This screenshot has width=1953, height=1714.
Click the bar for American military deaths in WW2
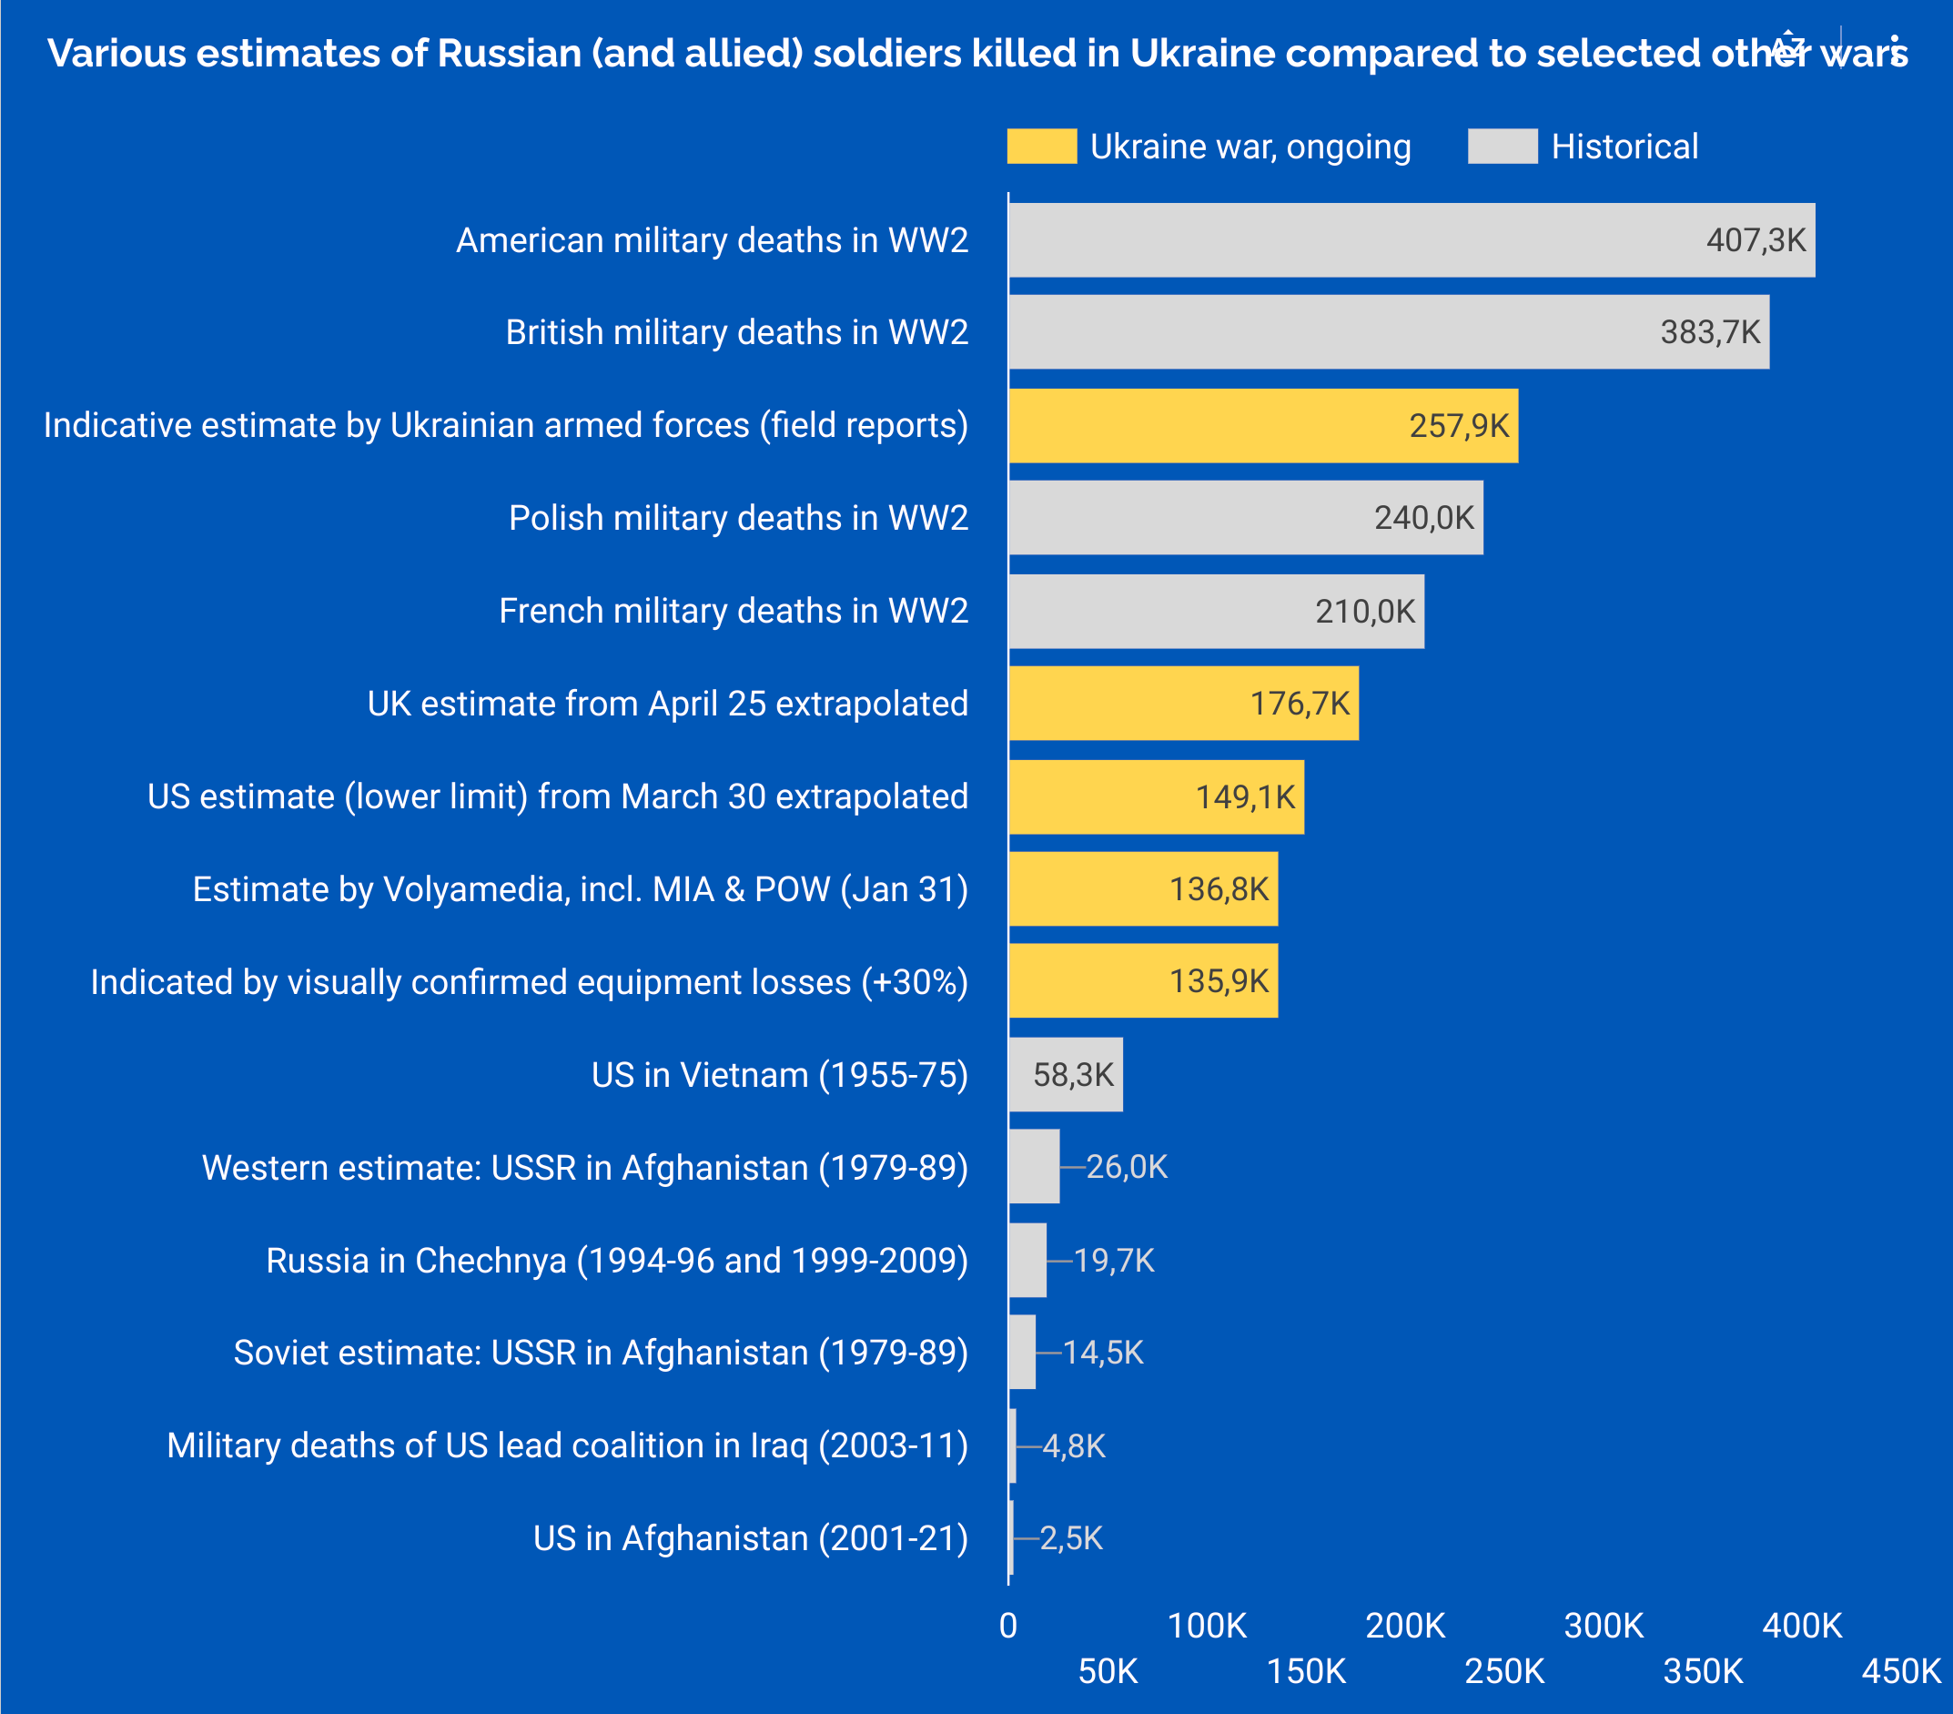coord(1412,239)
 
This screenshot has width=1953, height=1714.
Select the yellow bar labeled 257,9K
coord(1263,425)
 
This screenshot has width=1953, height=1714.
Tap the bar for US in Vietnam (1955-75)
coord(1066,1075)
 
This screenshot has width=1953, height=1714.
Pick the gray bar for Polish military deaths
coord(1246,518)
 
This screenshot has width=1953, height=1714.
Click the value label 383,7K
coord(1709,332)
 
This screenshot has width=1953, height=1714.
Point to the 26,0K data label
coord(1127,1167)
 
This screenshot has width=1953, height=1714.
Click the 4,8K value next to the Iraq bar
coord(1074,1445)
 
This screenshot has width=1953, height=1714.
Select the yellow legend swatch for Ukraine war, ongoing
coord(1041,147)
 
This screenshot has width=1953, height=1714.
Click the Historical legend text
coord(1624,147)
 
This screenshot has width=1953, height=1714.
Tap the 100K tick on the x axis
coord(1207,1625)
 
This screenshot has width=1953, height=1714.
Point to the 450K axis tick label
coord(1900,1671)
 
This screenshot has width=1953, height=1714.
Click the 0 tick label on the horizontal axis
coord(1008,1625)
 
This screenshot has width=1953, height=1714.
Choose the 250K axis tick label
coord(1504,1671)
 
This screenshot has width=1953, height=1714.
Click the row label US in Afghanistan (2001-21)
coord(750,1538)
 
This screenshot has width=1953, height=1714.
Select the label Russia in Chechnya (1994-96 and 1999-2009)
coord(616,1260)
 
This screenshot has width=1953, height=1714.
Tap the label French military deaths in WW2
coord(733,611)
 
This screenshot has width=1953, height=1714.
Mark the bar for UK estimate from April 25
coord(1183,704)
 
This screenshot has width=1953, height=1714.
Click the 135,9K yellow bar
coord(1143,981)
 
